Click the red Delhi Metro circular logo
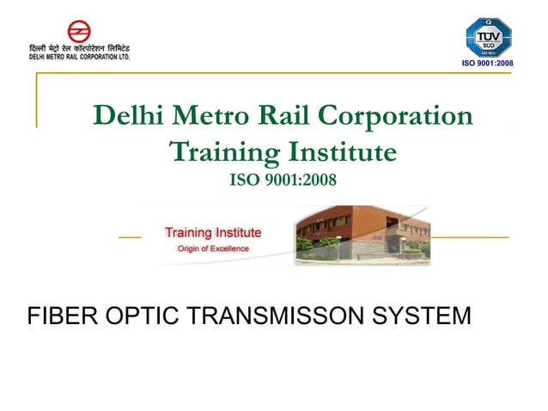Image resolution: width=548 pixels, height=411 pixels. (x=79, y=32)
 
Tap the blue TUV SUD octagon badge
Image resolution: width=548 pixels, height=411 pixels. (x=487, y=39)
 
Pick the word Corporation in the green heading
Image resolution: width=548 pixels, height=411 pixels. (x=399, y=115)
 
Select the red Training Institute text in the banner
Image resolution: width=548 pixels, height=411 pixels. (x=213, y=232)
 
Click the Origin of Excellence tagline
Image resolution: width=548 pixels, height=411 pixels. (x=212, y=248)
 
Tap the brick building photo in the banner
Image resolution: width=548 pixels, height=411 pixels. (x=361, y=234)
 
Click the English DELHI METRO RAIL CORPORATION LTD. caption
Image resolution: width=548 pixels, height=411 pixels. (x=78, y=57)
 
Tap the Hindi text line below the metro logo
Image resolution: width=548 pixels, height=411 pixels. (x=78, y=48)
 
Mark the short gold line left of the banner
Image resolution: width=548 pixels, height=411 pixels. (x=130, y=236)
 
